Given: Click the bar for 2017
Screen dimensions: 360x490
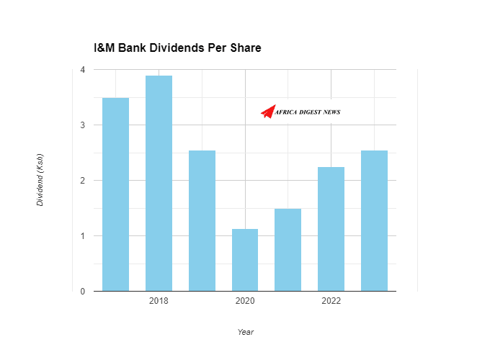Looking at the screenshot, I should point(115,194).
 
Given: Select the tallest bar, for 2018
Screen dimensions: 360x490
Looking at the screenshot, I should point(159,184).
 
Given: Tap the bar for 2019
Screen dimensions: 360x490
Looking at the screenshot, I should point(202,221).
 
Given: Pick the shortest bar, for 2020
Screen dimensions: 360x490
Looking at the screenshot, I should point(245,260).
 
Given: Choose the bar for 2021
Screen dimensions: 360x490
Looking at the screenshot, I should point(288,250).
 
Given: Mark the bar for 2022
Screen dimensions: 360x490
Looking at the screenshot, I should point(331,229).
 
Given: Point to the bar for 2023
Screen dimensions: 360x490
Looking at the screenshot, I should point(374,221).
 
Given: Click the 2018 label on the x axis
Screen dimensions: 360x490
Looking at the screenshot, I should point(159,301).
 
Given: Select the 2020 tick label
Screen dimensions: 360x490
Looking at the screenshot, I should point(245,301).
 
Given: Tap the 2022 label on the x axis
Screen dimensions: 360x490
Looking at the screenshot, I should point(331,301).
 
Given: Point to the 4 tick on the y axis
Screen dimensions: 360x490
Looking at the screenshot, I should point(83,70).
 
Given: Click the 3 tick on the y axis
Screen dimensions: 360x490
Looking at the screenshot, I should point(83,125).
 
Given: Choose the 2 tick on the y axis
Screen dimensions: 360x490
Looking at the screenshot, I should point(83,181).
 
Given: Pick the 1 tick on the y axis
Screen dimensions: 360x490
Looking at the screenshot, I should point(83,236).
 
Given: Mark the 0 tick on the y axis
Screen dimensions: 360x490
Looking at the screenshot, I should point(83,292).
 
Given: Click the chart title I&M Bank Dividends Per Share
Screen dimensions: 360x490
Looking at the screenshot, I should point(177,48).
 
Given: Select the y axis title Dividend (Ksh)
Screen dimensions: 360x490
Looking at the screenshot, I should point(40,180).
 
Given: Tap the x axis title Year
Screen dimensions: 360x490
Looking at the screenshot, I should point(245,332).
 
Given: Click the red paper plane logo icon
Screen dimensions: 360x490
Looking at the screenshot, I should point(269,111).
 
